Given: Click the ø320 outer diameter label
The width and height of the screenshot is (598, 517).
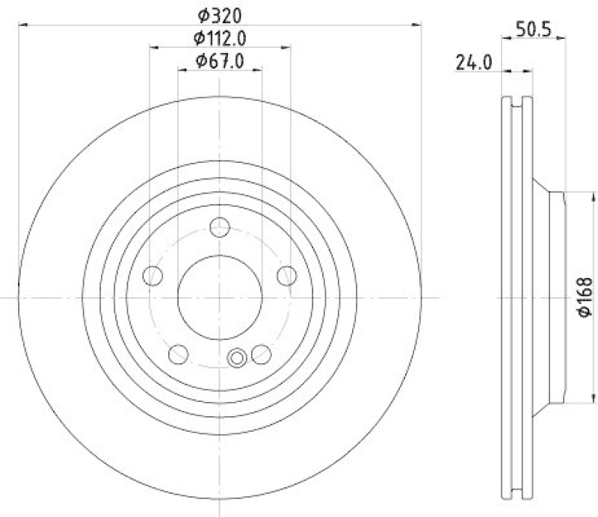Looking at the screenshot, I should [220, 15].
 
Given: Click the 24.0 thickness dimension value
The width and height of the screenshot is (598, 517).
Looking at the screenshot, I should [473, 64].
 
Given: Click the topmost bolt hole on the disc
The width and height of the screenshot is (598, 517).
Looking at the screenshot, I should [220, 227].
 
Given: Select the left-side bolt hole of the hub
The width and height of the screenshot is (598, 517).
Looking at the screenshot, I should [152, 276].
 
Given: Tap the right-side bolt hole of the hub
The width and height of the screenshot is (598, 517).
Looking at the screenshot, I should [287, 276].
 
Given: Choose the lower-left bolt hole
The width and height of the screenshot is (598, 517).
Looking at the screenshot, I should [179, 353].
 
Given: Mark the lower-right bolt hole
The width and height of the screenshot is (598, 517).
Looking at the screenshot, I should [261, 353].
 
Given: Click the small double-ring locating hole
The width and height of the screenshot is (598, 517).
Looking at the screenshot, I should [238, 358].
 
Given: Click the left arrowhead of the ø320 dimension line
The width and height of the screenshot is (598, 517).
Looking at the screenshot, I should [22, 25].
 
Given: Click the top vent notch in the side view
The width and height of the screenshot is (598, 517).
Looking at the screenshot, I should [517, 99].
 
